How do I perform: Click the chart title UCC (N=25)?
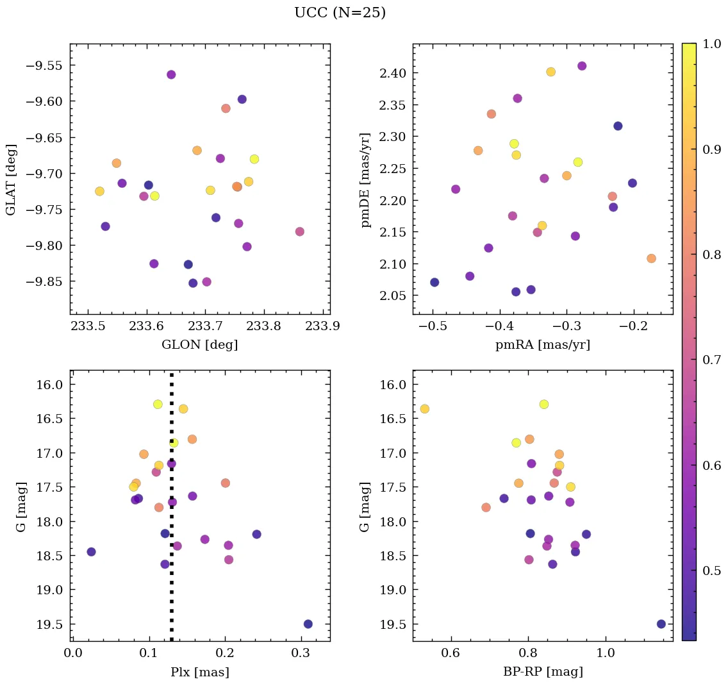point(340,13)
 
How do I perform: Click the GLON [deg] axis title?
point(199,345)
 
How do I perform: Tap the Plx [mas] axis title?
point(199,672)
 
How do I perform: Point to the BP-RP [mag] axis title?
point(542,672)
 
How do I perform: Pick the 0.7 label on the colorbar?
point(711,360)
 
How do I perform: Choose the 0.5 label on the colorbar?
point(711,571)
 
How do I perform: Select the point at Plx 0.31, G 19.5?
point(308,624)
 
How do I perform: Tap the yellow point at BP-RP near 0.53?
point(424,409)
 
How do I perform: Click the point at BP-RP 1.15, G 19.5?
point(661,624)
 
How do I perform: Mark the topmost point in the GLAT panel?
point(171,74)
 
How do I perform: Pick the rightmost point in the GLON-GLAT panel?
point(300,231)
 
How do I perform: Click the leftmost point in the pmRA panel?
point(434,282)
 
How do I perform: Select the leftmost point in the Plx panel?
point(91,551)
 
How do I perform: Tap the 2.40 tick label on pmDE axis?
point(391,73)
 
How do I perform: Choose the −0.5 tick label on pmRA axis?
point(432,327)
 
